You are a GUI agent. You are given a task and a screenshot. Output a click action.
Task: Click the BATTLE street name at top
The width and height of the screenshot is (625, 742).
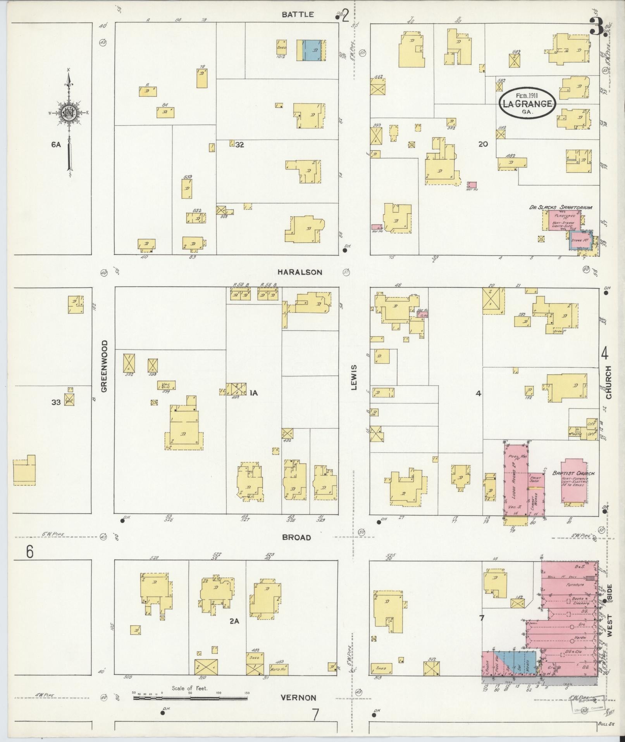(298, 14)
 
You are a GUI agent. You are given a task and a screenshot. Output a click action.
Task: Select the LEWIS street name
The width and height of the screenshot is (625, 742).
(353, 378)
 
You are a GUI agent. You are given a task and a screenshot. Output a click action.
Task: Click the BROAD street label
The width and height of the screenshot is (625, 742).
(296, 538)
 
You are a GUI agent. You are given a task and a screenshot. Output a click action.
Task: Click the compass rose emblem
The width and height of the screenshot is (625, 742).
(69, 113)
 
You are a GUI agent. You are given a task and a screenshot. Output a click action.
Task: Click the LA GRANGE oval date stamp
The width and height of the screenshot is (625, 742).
(527, 103)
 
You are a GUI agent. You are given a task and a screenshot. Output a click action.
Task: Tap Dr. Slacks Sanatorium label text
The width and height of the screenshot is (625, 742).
(561, 208)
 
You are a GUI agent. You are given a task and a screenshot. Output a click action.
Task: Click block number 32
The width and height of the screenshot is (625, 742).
(240, 145)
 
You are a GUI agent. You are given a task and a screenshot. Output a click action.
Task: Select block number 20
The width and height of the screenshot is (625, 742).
(483, 144)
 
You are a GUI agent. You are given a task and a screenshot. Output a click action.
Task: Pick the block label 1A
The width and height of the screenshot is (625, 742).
(253, 393)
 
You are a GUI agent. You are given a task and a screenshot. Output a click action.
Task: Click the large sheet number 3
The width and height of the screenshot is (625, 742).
(596, 26)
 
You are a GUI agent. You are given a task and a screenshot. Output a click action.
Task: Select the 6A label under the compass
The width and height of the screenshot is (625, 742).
(56, 145)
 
